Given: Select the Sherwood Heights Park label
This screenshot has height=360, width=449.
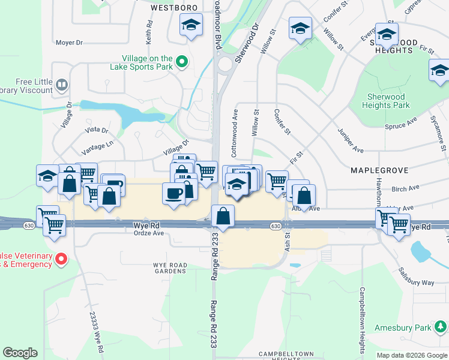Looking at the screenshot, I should [x=386, y=101].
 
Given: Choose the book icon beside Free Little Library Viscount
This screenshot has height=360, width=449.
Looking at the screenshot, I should [x=61, y=83].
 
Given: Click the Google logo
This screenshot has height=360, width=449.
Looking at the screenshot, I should [x=20, y=353].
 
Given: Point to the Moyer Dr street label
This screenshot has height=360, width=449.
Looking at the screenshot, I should [x=68, y=43].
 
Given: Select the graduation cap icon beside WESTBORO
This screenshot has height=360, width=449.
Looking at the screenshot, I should [x=191, y=25].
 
